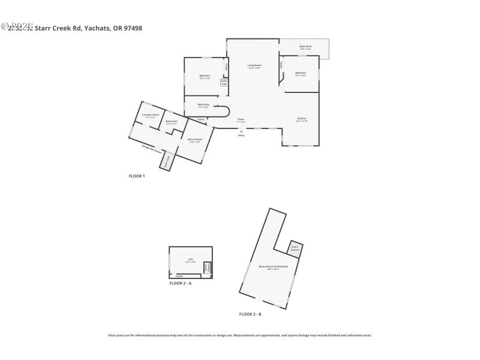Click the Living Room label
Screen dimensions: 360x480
pos(254,66)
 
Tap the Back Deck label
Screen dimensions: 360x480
pos(305,47)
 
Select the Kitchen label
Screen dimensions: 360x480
pos(301,119)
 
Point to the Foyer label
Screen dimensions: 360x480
pos(241,120)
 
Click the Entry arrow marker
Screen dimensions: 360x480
pos(241,131)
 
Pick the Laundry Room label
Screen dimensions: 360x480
pos(150,115)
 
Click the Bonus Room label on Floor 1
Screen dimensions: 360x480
pos(195,140)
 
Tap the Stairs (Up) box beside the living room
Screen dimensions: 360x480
pos(224,82)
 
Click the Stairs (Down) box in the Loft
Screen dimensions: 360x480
pos(208,267)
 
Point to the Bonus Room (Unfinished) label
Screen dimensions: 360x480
pos(273,267)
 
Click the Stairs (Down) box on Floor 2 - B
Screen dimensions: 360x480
pos(295,248)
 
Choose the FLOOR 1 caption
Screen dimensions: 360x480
pos(137,176)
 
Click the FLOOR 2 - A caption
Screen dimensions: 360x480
pos(180,283)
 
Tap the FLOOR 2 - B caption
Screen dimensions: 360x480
pos(250,314)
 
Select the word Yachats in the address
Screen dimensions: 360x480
pos(97,28)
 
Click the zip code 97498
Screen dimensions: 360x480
pos(133,28)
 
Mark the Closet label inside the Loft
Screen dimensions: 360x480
pos(179,276)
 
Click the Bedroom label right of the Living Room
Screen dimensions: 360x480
pos(301,74)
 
